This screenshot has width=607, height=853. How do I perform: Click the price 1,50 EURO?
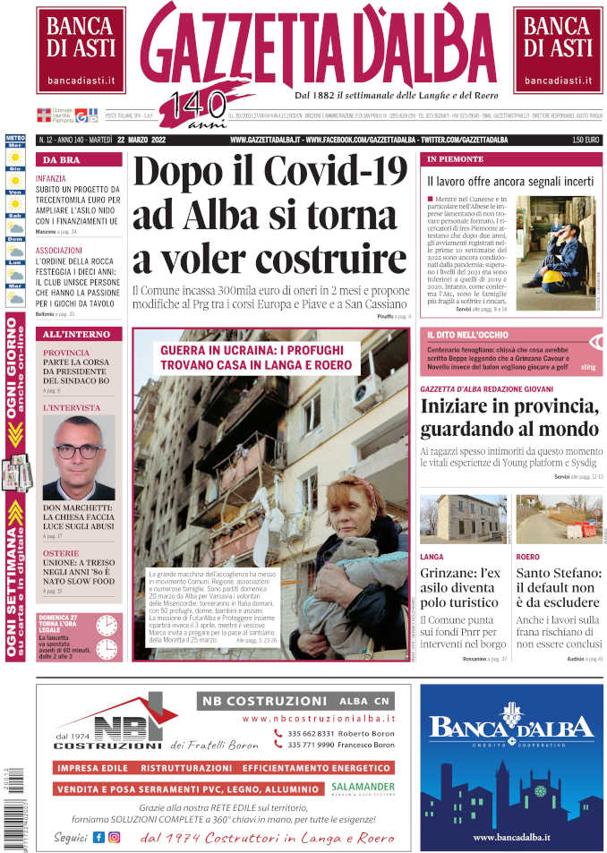[x=586, y=141]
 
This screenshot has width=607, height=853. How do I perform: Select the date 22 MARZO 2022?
[x=147, y=141]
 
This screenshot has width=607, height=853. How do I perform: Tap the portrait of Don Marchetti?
[x=78, y=457]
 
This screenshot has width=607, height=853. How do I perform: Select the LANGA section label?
[x=432, y=557]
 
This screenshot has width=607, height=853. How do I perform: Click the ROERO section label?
[x=528, y=557]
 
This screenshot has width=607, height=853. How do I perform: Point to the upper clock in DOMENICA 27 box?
[x=107, y=625]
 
